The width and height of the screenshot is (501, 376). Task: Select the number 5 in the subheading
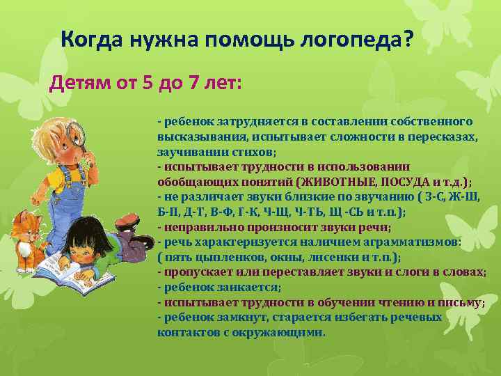[x=147, y=84]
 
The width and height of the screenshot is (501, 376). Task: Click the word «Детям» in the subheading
[x=74, y=84]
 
